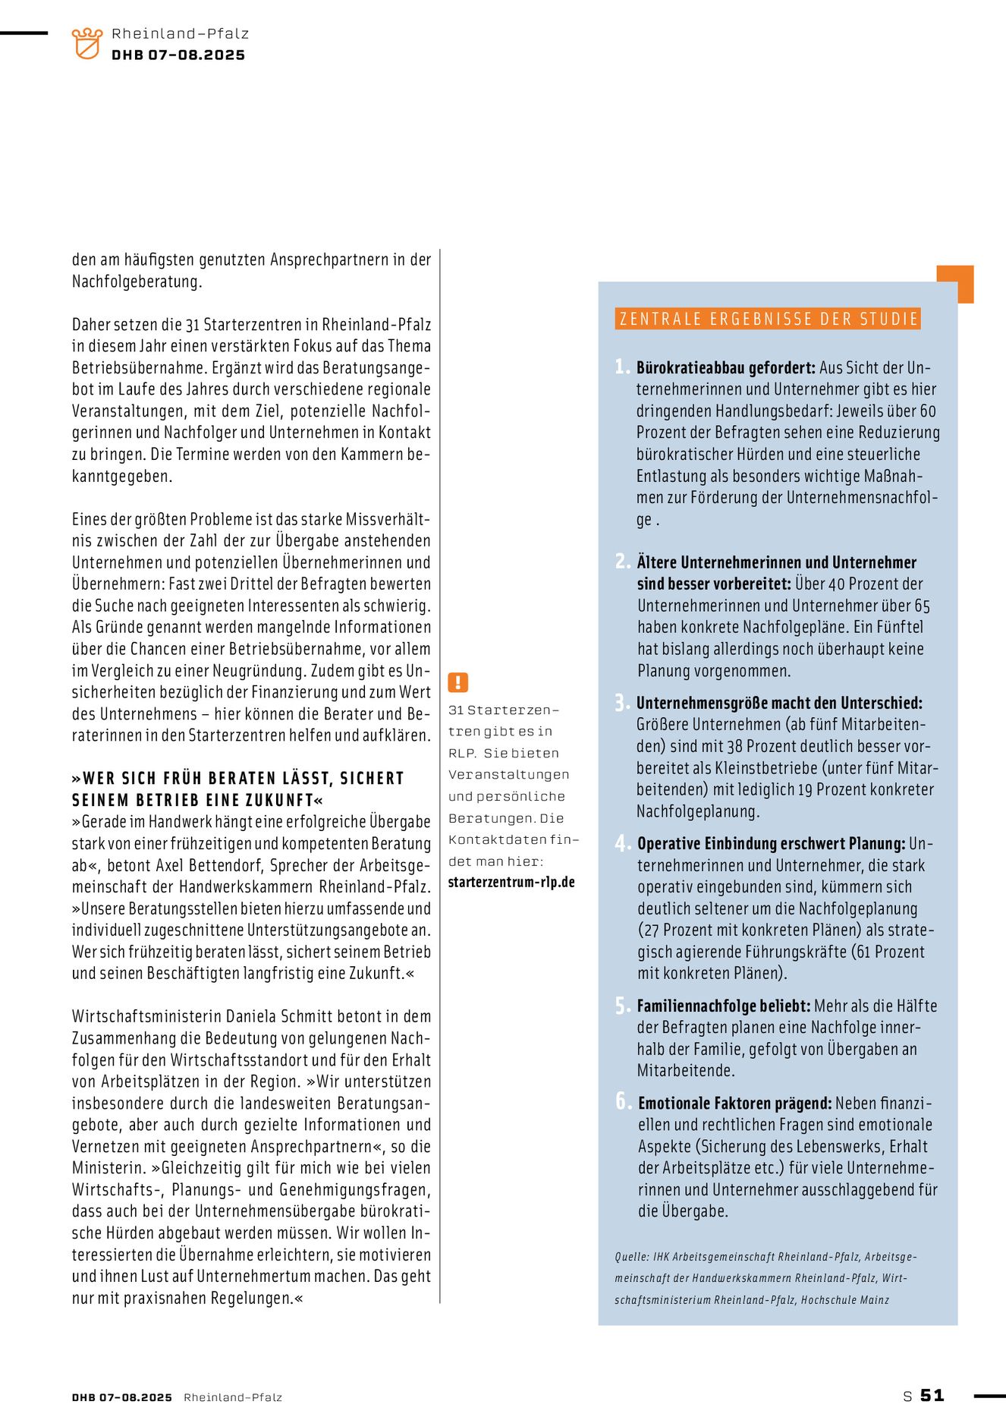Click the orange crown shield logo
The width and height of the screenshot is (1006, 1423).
click(x=86, y=43)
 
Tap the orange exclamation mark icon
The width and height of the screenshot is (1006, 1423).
click(x=458, y=682)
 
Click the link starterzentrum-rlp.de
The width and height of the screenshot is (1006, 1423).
click(x=511, y=883)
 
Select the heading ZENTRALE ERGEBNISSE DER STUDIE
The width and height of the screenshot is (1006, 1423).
click(x=769, y=319)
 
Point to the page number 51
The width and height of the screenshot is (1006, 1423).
click(x=932, y=1395)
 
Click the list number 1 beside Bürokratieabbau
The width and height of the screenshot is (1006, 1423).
click(x=621, y=367)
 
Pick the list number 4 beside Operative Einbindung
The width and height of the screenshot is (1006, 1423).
click(x=622, y=843)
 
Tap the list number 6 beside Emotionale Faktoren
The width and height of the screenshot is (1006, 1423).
click(x=623, y=1101)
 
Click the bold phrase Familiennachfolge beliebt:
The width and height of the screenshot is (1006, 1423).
click(x=724, y=1006)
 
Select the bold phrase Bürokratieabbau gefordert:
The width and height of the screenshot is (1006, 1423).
click(x=726, y=368)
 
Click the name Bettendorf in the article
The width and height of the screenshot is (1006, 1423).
click(x=226, y=865)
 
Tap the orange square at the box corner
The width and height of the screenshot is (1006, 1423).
click(x=955, y=284)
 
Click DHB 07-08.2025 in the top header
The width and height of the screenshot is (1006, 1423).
click(x=178, y=55)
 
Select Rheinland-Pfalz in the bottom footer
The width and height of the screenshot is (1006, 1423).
click(x=233, y=1397)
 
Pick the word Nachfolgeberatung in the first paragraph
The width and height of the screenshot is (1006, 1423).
click(x=137, y=282)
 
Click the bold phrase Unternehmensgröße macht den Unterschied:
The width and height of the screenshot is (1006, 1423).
click(x=779, y=703)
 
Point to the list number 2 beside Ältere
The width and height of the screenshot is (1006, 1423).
click(x=622, y=562)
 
